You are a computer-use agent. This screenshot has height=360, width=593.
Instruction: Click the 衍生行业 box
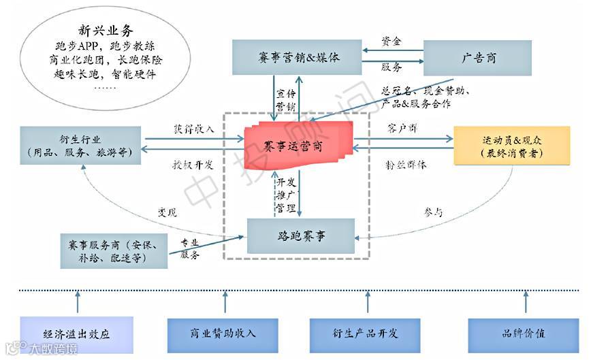tap(80, 146)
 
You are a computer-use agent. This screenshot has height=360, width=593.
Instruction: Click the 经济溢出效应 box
tap(76, 333)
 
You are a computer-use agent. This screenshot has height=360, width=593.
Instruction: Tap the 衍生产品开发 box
tap(364, 333)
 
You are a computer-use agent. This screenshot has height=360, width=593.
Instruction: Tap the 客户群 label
tap(402, 129)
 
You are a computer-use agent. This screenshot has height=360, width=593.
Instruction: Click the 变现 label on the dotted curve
tap(167, 212)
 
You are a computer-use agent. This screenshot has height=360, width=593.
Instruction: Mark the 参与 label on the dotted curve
tap(433, 212)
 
